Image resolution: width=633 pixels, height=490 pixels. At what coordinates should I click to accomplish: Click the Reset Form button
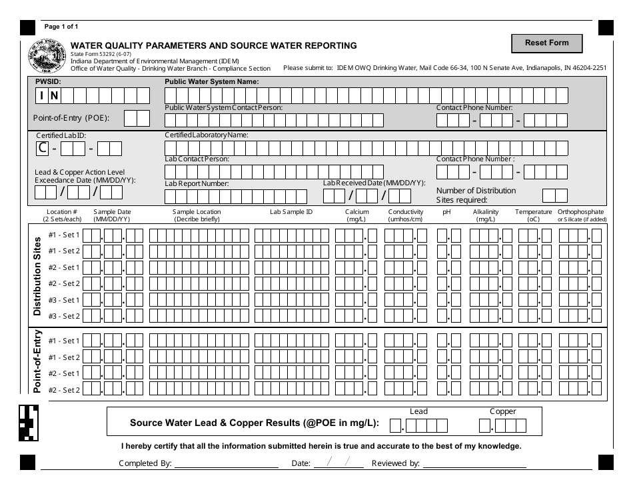pos(546,43)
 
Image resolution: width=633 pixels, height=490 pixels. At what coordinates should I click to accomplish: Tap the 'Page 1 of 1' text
pos(61,27)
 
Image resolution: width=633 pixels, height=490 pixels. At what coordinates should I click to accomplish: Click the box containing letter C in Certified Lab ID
pos(42,148)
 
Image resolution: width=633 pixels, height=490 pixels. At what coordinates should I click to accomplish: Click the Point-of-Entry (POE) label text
pos(71,119)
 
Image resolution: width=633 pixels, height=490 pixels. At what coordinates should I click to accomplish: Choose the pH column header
pos(446,212)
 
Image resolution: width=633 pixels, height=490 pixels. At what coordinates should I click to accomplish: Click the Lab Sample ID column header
pos(291,212)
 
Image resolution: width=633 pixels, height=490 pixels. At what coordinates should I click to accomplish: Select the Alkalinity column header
pos(485,215)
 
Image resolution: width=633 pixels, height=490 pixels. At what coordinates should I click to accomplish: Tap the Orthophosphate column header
pos(581,215)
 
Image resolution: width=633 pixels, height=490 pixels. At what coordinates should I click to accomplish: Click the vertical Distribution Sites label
pos(37,275)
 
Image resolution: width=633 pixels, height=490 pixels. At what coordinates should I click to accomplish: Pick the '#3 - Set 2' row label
pos(65,316)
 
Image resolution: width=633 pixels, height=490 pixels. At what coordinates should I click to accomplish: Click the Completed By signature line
pos(226,463)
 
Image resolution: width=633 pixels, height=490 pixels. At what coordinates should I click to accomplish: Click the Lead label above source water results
pos(418,411)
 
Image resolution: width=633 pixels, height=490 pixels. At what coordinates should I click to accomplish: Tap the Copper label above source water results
pos(502,411)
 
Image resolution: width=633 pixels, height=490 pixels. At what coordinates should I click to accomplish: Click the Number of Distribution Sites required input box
pos(554,195)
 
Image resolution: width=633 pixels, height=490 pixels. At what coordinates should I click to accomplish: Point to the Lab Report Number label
pos(197,183)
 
